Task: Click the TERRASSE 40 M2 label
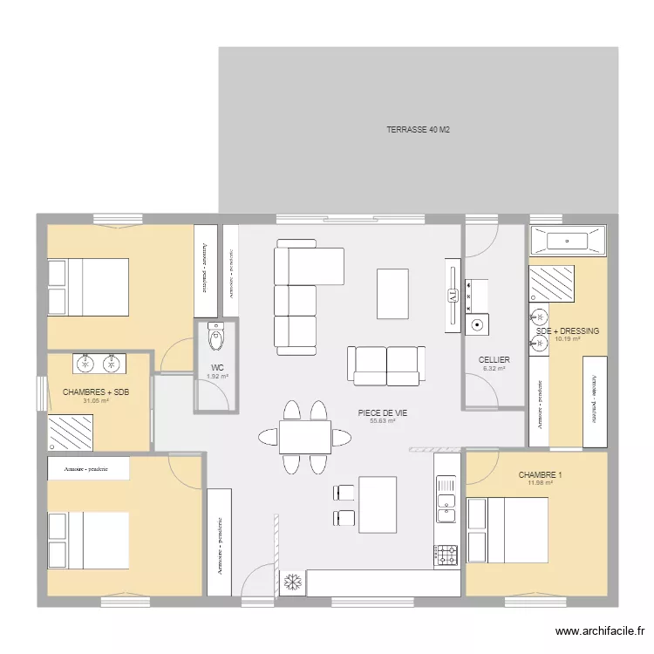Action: (x=418, y=130)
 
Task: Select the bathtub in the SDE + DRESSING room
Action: (x=567, y=241)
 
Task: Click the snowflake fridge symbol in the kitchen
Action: (x=291, y=581)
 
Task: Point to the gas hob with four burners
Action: (x=446, y=554)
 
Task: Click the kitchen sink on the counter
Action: (x=446, y=501)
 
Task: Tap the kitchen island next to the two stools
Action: (x=377, y=503)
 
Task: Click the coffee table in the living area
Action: (x=392, y=293)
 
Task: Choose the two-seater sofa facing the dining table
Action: (x=386, y=364)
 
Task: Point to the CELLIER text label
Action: (x=494, y=359)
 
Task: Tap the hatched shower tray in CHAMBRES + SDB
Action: (x=71, y=433)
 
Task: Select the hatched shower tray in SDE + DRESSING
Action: (x=552, y=283)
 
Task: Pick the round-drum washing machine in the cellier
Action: (x=477, y=324)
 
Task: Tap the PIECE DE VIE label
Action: (x=382, y=412)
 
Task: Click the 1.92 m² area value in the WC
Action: (x=216, y=377)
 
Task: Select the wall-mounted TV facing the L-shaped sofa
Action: (x=452, y=295)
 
